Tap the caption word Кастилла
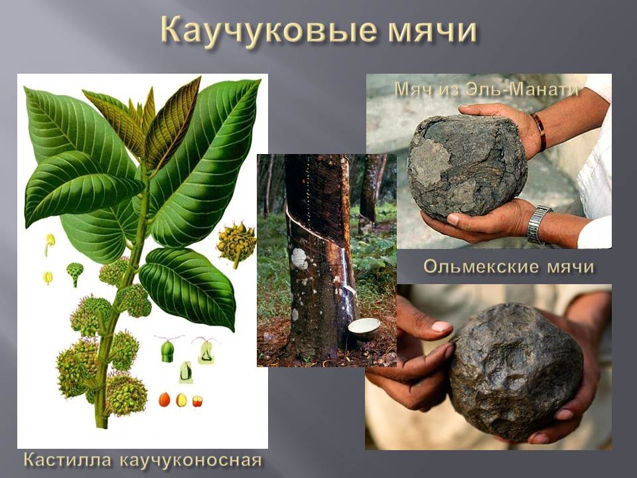point(68,459)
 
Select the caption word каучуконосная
point(191,461)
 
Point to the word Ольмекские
point(482,267)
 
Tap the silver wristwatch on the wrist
point(538,224)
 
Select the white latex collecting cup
point(364,329)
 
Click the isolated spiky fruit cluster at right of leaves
point(236,244)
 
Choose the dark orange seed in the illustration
point(164,400)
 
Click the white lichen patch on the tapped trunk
point(299,258)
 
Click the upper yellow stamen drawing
point(50,244)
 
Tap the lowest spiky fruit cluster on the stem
point(124,394)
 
